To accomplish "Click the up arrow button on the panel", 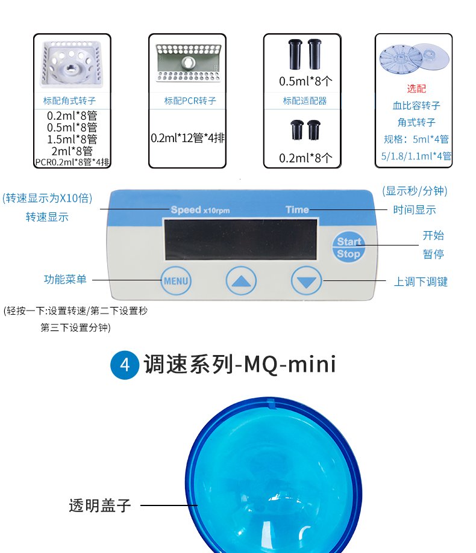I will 241,280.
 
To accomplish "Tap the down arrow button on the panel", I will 307,280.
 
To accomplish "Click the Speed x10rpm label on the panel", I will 199,210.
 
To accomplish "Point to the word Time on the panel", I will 297,209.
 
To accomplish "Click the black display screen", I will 240,239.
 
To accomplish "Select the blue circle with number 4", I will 125,365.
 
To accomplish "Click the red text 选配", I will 416,88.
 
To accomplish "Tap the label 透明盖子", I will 99,505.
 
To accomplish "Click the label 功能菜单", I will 65,279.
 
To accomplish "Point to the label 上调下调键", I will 421,282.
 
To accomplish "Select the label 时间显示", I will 414,210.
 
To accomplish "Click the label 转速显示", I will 47,217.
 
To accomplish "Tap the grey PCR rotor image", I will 187,63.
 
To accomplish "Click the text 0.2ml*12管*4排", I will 187,138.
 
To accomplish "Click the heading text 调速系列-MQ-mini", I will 239,365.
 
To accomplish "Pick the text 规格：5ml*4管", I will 416,139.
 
